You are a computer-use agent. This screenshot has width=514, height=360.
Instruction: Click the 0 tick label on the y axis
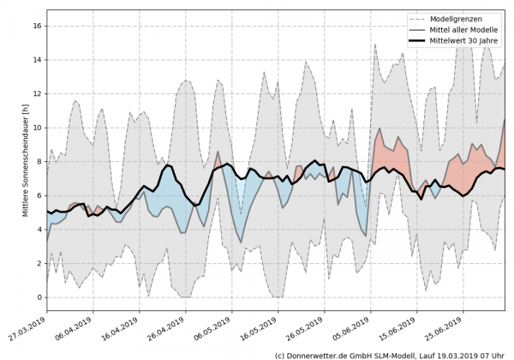39,297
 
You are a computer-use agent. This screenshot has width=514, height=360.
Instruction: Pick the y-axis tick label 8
39,162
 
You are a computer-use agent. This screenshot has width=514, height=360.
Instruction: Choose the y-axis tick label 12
38,94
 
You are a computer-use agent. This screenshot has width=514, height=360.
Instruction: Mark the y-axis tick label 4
39,230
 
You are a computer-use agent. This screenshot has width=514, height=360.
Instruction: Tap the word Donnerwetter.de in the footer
326,354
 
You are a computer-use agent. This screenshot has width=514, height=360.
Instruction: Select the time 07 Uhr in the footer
493,354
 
